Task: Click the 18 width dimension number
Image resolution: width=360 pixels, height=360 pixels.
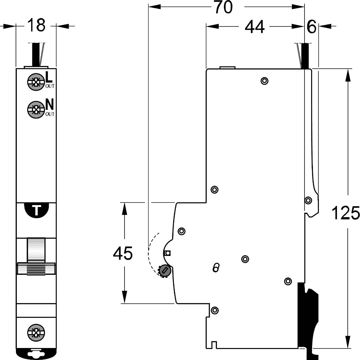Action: click(36, 25)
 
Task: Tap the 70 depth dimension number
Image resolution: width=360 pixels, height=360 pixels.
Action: click(223, 7)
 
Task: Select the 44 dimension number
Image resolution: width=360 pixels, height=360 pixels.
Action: click(255, 27)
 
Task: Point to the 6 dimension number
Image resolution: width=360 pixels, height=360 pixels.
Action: click(311, 27)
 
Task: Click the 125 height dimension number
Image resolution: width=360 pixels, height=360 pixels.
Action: click(345, 213)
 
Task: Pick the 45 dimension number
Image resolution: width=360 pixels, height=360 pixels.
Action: click(123, 253)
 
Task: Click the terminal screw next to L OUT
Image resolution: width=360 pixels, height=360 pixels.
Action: click(36, 82)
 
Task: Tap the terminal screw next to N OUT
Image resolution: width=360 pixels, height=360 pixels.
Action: click(36, 110)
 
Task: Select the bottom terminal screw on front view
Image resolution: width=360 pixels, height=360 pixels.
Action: click(36, 333)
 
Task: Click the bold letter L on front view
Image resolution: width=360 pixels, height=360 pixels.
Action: click(49, 77)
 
